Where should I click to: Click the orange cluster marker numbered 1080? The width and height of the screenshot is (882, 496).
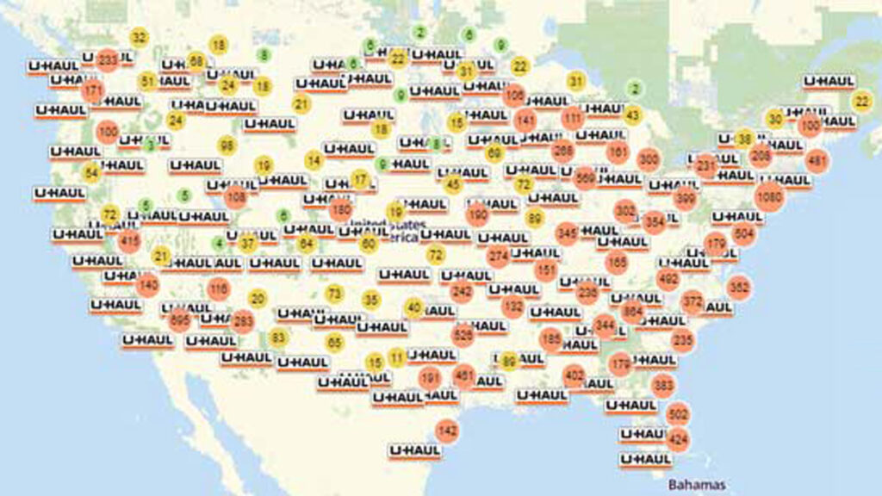[x=769, y=197]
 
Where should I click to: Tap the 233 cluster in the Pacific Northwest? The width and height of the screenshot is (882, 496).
[x=108, y=60]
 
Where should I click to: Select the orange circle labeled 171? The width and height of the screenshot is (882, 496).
[x=93, y=90]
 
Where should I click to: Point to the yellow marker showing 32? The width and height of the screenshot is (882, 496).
[x=139, y=37]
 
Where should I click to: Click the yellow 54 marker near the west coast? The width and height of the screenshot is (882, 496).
[x=91, y=172]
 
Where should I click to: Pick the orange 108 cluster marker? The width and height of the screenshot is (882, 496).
[x=236, y=197]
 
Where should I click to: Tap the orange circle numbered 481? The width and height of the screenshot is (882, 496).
[x=817, y=161]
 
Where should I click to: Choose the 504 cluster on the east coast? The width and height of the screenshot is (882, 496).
[x=743, y=233]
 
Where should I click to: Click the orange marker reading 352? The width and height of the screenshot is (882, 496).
[x=738, y=287]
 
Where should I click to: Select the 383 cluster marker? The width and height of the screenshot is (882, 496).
[x=662, y=385]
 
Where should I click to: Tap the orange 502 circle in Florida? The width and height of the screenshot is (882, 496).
[x=678, y=414]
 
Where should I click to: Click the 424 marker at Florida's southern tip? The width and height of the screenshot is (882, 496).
[x=678, y=439]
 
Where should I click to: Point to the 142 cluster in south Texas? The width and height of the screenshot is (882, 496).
[x=447, y=430]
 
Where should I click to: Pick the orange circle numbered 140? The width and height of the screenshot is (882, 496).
[x=148, y=283]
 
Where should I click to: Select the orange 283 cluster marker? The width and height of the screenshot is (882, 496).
[x=243, y=322]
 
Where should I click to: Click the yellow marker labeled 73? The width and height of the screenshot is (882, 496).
[x=334, y=294]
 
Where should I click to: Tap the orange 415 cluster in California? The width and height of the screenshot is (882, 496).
[x=130, y=241]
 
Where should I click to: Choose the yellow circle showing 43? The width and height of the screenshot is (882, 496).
[x=632, y=115]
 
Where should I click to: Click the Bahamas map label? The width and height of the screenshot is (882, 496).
[x=696, y=484]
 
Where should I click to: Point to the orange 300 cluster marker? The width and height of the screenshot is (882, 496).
[x=649, y=159]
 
